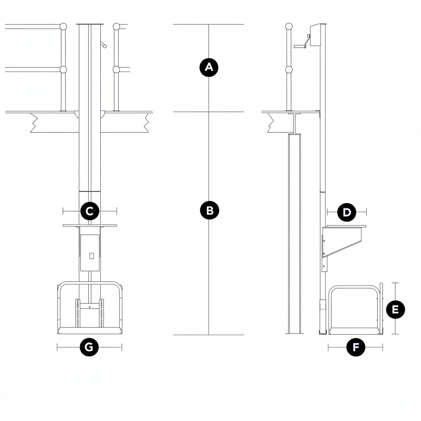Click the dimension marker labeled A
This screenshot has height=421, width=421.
[x=209, y=67]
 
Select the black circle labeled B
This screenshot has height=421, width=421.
[x=210, y=210]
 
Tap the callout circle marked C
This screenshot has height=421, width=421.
[x=90, y=211]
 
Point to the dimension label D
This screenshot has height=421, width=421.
[x=347, y=213]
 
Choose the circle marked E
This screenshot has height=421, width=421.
[x=395, y=310]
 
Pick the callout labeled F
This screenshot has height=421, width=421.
[x=356, y=347]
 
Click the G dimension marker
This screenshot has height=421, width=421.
[x=89, y=347]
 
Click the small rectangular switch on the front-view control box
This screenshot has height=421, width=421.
[x=92, y=256]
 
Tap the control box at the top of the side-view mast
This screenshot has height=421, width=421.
[x=316, y=35]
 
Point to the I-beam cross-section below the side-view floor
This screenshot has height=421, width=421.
[x=294, y=124]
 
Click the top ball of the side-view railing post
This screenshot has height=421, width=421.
[x=289, y=26]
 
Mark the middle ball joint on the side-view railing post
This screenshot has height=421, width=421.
[x=289, y=70]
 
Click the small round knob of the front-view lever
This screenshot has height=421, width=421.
[x=105, y=46]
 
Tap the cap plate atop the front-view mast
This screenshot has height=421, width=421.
[x=90, y=24]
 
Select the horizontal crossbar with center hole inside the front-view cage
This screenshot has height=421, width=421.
[x=90, y=306]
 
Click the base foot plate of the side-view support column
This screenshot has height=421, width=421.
[x=294, y=334]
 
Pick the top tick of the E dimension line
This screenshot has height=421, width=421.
[x=395, y=283]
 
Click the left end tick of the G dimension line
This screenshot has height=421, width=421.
[x=57, y=347]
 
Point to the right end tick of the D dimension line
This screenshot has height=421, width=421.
[x=366, y=212]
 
